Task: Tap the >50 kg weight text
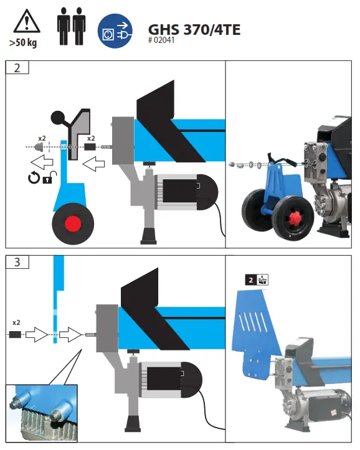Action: click(24, 44)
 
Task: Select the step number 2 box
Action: click(17, 68)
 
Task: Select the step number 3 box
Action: click(17, 261)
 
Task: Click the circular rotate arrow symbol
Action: click(32, 179)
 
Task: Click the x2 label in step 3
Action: click(16, 323)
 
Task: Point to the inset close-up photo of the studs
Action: click(42, 413)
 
